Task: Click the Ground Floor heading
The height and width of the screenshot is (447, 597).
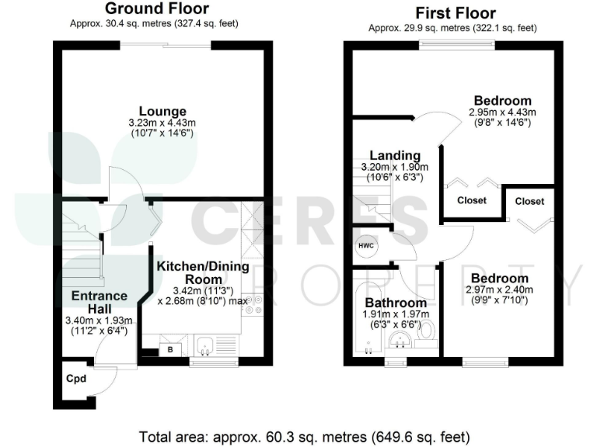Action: click(x=156, y=9)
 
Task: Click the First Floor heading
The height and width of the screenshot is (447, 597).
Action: click(x=455, y=13)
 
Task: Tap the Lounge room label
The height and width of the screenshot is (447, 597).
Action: click(x=162, y=111)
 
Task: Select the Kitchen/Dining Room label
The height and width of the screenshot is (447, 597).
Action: click(x=203, y=272)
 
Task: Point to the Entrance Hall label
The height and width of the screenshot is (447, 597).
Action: click(x=99, y=302)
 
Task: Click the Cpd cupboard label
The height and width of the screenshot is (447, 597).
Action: click(x=75, y=379)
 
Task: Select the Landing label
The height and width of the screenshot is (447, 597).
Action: click(x=394, y=155)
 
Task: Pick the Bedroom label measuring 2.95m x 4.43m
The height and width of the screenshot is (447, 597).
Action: click(x=502, y=101)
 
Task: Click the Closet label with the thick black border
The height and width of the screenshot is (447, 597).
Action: click(x=471, y=200)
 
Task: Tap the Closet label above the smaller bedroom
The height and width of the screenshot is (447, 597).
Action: click(x=529, y=201)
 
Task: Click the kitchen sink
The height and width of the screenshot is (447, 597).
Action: click(x=207, y=345)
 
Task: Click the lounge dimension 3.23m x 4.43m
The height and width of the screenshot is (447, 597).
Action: click(x=162, y=123)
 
